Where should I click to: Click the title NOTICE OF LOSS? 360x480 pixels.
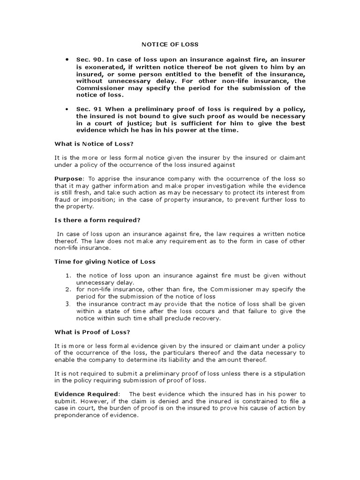click(x=170, y=45)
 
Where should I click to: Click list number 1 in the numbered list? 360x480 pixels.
click(x=68, y=276)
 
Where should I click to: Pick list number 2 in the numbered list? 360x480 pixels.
click(x=68, y=290)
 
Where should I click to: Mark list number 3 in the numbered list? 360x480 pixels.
click(x=68, y=304)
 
